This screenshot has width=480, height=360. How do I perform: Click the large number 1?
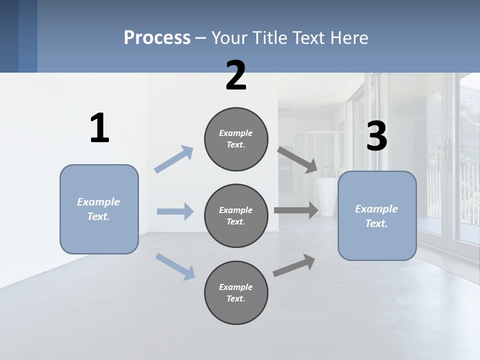(99, 128)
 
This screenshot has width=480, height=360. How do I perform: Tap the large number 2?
(236, 75)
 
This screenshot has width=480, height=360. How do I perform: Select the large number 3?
(376, 136)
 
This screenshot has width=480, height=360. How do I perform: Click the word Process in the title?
(157, 37)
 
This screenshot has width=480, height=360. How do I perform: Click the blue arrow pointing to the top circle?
(174, 159)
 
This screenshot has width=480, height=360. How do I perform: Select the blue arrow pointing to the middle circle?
(175, 211)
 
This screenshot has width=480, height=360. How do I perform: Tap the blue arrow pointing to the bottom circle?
(175, 266)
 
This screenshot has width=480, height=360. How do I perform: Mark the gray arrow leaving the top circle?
(297, 159)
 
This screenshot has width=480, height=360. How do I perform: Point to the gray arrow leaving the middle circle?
(296, 210)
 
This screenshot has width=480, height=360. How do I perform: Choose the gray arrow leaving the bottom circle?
(294, 265)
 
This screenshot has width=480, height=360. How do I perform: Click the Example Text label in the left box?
(98, 209)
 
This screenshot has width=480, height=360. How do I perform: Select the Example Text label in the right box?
(376, 216)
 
